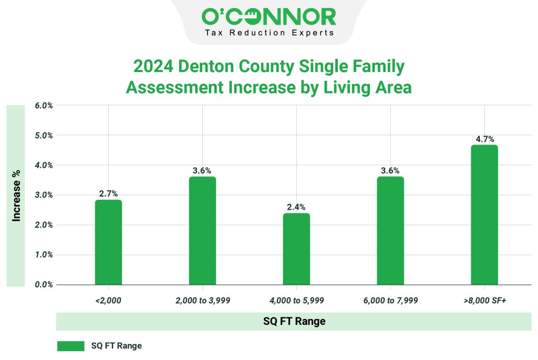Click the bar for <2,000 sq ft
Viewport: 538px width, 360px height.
[108, 242]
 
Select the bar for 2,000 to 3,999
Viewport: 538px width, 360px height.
[202, 231]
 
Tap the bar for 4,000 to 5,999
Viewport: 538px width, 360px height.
[296, 249]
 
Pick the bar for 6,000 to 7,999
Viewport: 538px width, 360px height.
[390, 231]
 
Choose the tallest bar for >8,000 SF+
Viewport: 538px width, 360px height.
[484, 215]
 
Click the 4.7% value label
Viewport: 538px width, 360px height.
[484, 139]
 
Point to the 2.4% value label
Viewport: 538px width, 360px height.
[296, 207]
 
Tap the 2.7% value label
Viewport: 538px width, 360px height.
[108, 194]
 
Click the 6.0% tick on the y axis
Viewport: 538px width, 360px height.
[44, 106]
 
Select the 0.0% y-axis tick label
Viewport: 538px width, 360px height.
[44, 285]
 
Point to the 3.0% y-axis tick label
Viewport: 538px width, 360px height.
[44, 195]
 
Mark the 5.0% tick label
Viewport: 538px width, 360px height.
[44, 136]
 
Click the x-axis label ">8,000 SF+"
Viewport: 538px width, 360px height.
[484, 301]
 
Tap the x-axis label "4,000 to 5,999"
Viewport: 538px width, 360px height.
[296, 301]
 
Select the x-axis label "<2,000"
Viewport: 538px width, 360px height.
[108, 301]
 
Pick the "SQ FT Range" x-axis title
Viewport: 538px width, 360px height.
[294, 321]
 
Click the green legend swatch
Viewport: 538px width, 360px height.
[70, 346]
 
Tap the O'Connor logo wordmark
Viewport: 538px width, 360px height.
[268, 17]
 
